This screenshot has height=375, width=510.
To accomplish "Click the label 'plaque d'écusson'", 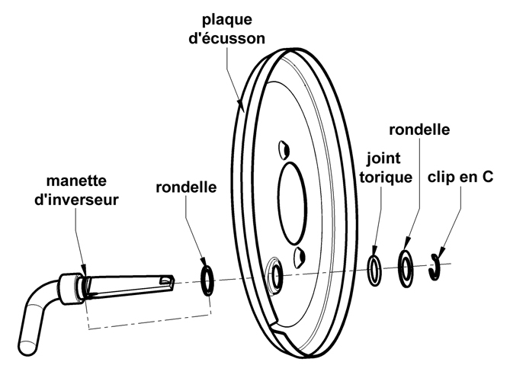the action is click(x=226, y=29).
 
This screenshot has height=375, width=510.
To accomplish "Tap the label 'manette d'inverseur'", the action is click(x=76, y=190).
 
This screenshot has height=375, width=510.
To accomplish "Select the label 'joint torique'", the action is click(x=386, y=168).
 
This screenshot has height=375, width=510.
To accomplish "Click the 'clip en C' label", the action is click(x=460, y=177).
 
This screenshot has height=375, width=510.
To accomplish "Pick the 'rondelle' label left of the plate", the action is click(x=186, y=187).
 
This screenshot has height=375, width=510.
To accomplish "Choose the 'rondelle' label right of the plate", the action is click(x=419, y=130).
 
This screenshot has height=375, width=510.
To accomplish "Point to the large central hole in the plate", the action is click(x=293, y=204).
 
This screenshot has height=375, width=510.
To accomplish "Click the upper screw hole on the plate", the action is click(x=284, y=150).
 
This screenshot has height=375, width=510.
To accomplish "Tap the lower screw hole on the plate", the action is click(x=299, y=258).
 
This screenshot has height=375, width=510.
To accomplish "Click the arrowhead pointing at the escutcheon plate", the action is click(x=241, y=105).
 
